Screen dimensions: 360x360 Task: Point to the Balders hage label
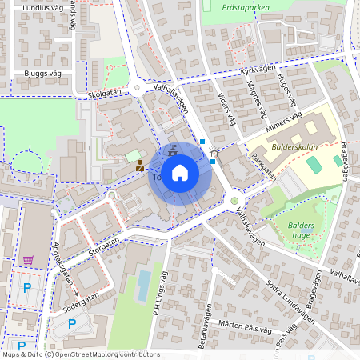tap(301, 230)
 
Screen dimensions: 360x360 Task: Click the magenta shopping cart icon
tap(29, 260)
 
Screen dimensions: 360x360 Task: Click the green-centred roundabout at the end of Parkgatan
tap(234, 200)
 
